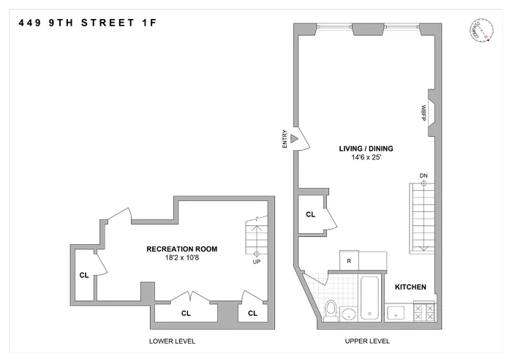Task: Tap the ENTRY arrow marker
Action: (295, 138)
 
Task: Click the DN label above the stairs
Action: (423, 176)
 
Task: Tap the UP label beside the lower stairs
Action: (256, 261)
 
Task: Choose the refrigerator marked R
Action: (350, 260)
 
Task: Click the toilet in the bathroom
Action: (330, 310)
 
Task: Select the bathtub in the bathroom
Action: (370, 298)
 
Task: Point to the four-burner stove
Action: (424, 313)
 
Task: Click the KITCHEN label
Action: (410, 287)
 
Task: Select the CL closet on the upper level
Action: (310, 215)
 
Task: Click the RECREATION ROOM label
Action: (181, 249)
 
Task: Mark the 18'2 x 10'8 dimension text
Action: (181, 258)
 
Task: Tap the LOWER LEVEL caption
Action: (172, 342)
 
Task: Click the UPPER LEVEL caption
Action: (368, 342)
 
